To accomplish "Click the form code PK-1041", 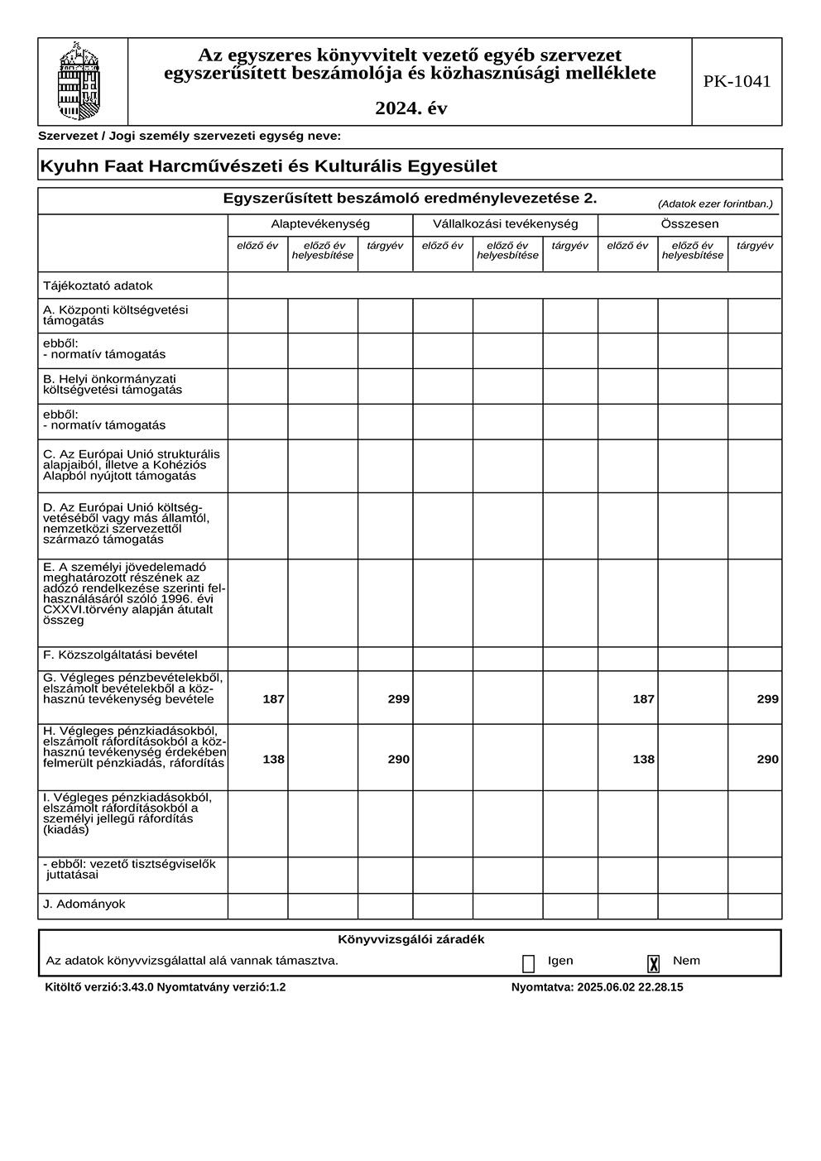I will coord(737,81).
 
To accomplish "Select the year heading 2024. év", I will coord(410,108).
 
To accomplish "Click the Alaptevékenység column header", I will coord(320,224).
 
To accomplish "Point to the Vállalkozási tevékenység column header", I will coord(505,224).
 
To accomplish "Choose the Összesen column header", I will coord(689,224).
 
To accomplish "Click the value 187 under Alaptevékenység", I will coord(273,699).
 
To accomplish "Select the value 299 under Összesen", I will coord(767,699).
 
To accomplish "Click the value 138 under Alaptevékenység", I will coord(273,760).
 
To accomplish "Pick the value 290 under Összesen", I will coord(767,760).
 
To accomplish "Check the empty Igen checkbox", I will coord(528,963).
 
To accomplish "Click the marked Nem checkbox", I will coord(654,963).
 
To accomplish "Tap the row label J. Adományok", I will coord(84,904).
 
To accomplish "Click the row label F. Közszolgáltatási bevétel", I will coord(120,655).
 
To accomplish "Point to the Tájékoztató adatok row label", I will coord(98,285).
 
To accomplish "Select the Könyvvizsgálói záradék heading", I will coord(410,940).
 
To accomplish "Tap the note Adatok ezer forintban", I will coord(715,204).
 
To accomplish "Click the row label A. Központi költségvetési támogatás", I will coord(116,315).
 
